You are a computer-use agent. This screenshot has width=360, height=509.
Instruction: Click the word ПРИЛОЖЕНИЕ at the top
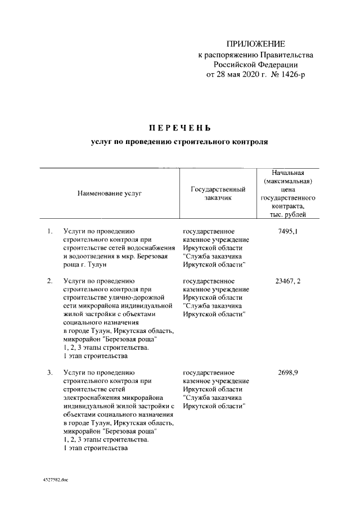[x=256, y=44]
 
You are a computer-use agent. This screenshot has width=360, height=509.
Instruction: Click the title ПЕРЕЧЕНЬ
[x=179, y=128]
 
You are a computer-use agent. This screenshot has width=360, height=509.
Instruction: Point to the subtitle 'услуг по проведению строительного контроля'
[x=179, y=143]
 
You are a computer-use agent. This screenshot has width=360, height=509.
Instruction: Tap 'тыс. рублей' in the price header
[x=287, y=215]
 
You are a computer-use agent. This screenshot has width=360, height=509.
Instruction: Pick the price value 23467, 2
[x=287, y=281]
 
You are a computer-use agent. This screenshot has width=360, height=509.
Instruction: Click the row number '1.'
[x=49, y=231]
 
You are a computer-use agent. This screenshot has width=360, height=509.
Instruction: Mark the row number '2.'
[x=49, y=281]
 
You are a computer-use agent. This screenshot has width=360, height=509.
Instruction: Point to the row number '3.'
[x=49, y=372]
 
